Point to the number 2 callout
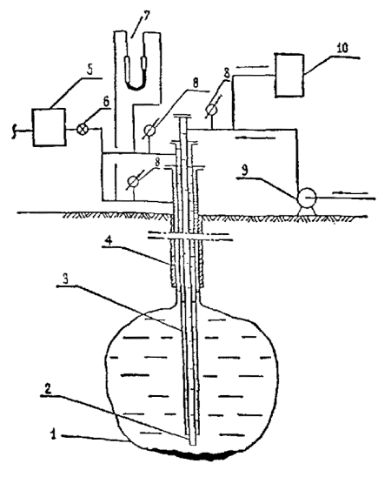point(45,388)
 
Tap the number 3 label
point(65,279)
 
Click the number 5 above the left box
point(90,71)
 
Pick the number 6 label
point(106,102)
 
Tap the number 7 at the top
point(146,15)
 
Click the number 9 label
point(246,171)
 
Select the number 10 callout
point(342,49)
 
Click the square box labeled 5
point(49,127)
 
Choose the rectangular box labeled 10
point(289,76)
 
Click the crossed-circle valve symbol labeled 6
point(82,129)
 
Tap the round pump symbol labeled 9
point(307,198)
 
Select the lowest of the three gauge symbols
point(132,181)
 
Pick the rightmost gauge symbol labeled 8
point(212,109)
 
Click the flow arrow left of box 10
point(252,66)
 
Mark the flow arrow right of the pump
point(351,192)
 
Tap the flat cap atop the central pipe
point(182,117)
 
